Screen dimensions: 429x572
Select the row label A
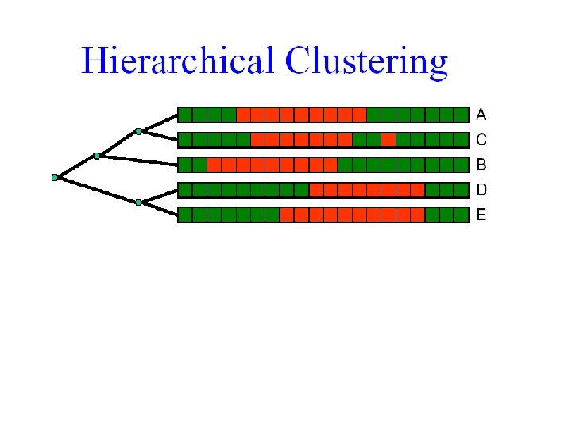pyautogui.click(x=481, y=114)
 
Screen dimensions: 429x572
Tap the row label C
pyautogui.click(x=481, y=140)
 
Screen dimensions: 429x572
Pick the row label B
pyautogui.click(x=481, y=165)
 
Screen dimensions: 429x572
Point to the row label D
pyautogui.click(x=481, y=190)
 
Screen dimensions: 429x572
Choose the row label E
pyautogui.click(x=481, y=214)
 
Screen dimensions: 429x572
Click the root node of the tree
pyautogui.click(x=55, y=177)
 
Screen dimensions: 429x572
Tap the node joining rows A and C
pyautogui.click(x=138, y=131)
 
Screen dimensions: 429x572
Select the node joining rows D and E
pyautogui.click(x=138, y=203)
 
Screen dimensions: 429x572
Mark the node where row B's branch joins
pyautogui.click(x=96, y=156)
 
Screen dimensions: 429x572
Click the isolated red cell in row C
pyautogui.click(x=388, y=140)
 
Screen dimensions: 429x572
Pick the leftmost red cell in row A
pyautogui.click(x=243, y=114)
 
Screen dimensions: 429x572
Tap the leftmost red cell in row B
pyautogui.click(x=214, y=165)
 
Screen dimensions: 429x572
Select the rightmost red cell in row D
pyautogui.click(x=417, y=190)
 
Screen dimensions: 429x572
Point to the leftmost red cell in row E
pyautogui.click(x=287, y=214)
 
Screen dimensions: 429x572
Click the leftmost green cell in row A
pyautogui.click(x=184, y=114)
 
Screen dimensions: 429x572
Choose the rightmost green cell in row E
pyautogui.click(x=461, y=214)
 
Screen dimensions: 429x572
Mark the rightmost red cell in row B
pyautogui.click(x=330, y=165)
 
